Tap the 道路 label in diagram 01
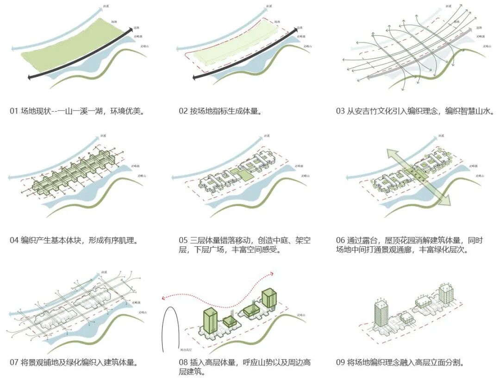click(137, 28)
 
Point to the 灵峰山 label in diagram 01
click(147, 46)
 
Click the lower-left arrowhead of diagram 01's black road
click(30, 78)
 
